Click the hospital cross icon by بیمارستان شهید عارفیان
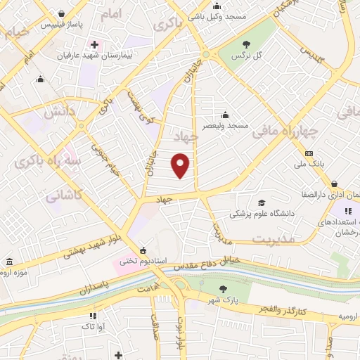click(94, 45)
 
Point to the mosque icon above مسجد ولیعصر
click(224, 115)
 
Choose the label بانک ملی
click(309, 165)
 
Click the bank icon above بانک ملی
click(308, 154)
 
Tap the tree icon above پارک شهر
click(223, 289)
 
